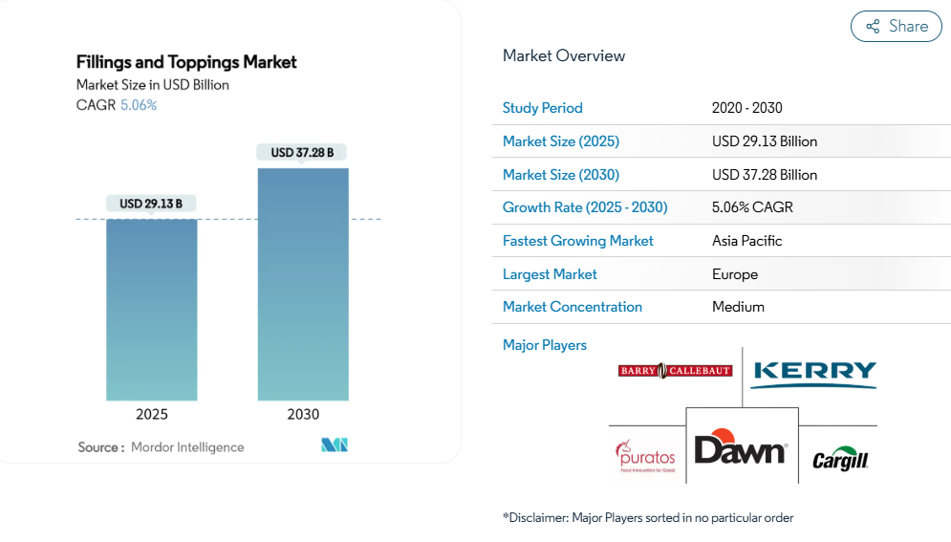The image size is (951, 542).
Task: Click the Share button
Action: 896,27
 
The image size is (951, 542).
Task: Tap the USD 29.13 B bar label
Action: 151,204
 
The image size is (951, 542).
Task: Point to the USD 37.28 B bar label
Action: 303,152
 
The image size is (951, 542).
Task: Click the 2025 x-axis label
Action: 151,415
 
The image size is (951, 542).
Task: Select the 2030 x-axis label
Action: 303,415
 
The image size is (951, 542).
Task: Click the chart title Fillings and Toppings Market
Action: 186,62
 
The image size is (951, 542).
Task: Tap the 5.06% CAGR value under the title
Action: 139,105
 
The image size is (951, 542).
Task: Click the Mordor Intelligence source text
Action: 187,447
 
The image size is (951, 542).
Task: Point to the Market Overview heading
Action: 564,55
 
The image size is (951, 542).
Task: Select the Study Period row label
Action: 542,108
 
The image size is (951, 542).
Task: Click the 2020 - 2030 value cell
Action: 746,108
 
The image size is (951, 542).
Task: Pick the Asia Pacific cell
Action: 746,241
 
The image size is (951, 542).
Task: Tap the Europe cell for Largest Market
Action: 734,274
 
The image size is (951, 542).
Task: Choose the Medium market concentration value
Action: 738,307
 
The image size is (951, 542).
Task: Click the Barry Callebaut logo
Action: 675,371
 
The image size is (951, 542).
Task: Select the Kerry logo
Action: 813,373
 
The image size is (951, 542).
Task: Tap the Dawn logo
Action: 741,448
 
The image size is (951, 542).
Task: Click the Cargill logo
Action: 840,461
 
